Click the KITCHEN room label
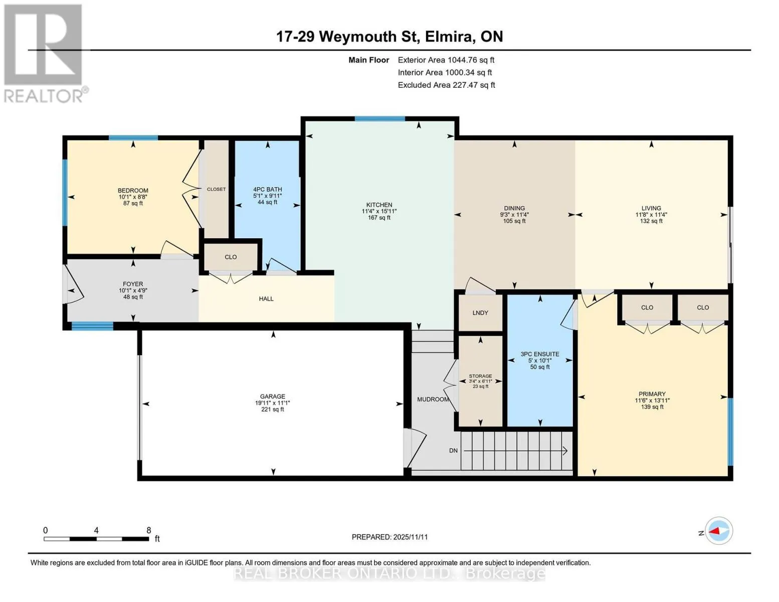(x=379, y=205)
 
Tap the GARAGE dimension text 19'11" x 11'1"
(x=273, y=403)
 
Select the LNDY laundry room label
(x=480, y=313)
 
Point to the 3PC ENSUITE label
(x=540, y=354)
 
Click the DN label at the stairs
(x=453, y=450)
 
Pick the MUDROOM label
(x=433, y=399)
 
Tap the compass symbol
(x=719, y=531)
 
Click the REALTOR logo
(x=45, y=54)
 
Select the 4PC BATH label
(x=267, y=190)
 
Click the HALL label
(x=266, y=299)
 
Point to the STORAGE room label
(x=480, y=376)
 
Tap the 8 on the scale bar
(x=149, y=530)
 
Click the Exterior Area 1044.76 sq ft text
(x=446, y=60)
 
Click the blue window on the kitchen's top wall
(x=380, y=119)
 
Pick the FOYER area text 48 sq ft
(x=133, y=297)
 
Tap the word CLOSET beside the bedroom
(x=216, y=189)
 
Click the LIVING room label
(x=651, y=208)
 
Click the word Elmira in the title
(x=449, y=37)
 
